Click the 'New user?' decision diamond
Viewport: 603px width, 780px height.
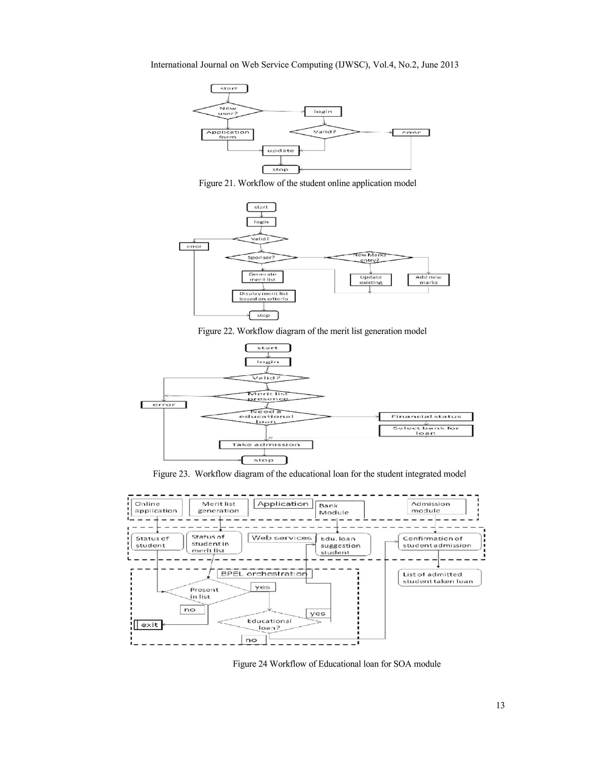point(228,111)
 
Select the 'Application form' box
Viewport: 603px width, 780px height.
point(228,135)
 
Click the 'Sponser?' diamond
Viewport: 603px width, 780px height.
point(261,257)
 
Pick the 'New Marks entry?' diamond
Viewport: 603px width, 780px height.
point(370,258)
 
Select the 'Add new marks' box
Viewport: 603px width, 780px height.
point(428,280)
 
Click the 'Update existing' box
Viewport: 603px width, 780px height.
point(371,280)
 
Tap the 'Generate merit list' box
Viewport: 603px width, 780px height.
point(263,277)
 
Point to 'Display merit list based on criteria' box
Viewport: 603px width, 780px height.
point(264,296)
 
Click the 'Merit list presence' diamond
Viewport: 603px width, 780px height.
point(268,396)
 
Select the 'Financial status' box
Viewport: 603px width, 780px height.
point(426,416)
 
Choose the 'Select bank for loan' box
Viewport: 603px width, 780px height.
point(426,431)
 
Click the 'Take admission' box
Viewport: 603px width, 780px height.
point(266,445)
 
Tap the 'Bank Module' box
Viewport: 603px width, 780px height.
point(339,509)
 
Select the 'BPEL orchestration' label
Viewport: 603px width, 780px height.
point(264,574)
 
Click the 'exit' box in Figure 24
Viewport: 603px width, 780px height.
point(149,625)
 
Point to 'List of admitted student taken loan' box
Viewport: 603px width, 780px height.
point(439,577)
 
